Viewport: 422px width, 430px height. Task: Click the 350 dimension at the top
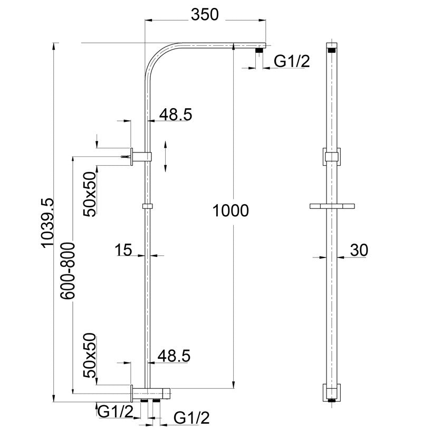coord(205,15)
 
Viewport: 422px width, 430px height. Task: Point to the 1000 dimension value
coord(230,211)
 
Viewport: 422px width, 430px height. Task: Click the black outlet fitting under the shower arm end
coord(260,51)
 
